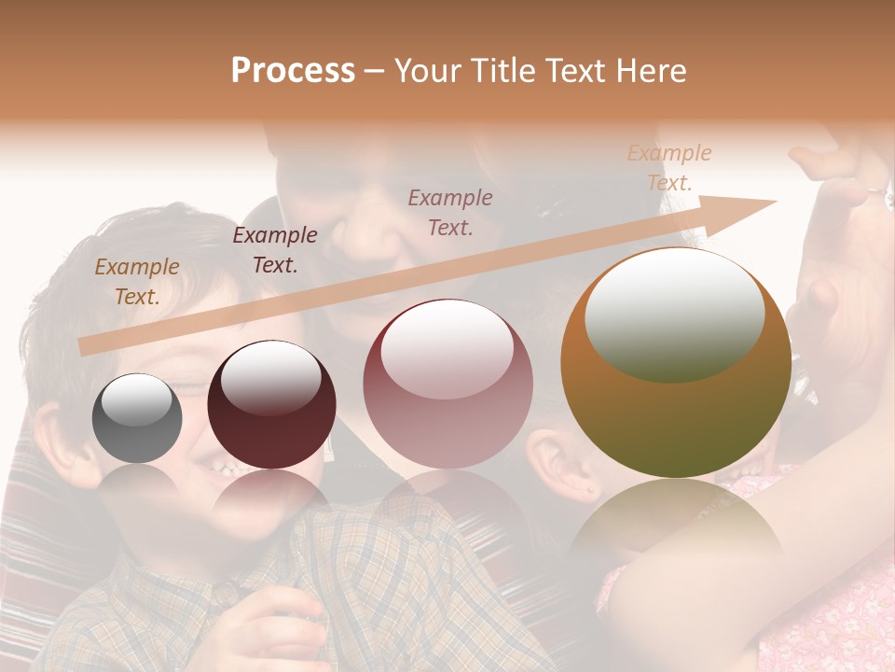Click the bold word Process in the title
click(x=293, y=71)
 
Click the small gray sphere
click(x=137, y=419)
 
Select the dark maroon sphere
click(x=271, y=405)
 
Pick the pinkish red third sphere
click(x=447, y=385)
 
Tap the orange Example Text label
click(x=137, y=281)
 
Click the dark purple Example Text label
click(x=274, y=249)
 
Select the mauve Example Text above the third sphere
click(x=450, y=212)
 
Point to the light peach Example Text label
click(x=668, y=167)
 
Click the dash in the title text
click(x=375, y=72)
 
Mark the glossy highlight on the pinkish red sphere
click(x=447, y=348)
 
